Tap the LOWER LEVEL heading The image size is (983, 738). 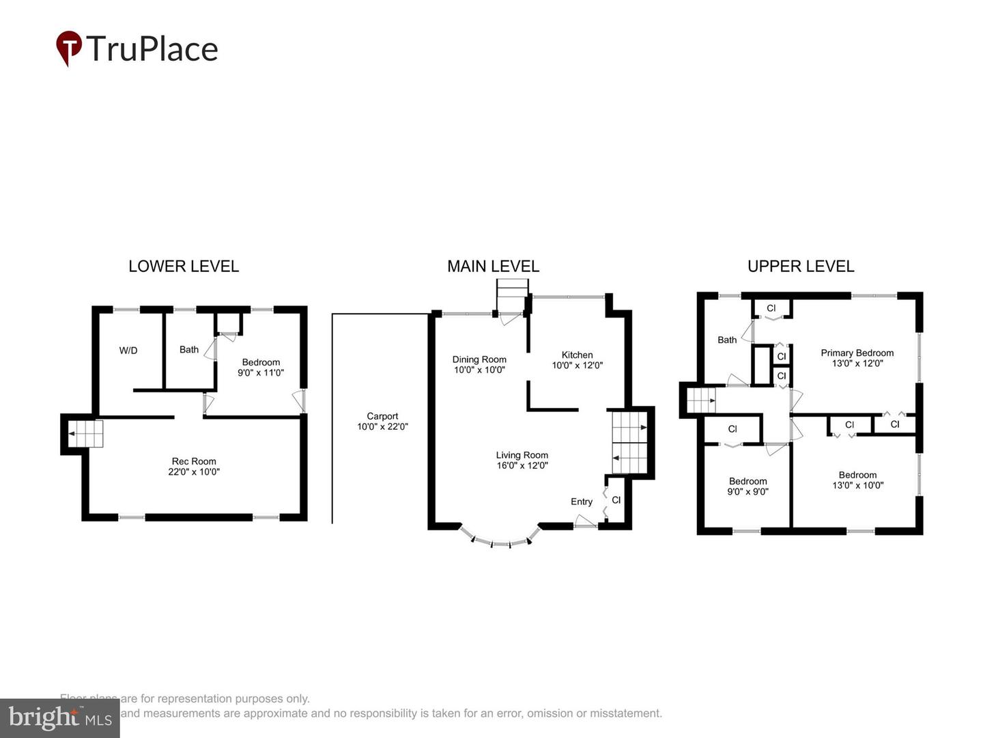pyautogui.click(x=184, y=266)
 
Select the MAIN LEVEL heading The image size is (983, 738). pyautogui.click(x=493, y=266)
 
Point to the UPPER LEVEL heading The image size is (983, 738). pyautogui.click(x=801, y=266)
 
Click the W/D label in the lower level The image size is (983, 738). pyautogui.click(x=128, y=351)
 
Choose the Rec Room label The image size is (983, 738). pyautogui.click(x=194, y=461)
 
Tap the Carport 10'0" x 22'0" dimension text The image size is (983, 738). pyautogui.click(x=382, y=426)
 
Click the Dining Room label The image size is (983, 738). pyautogui.click(x=479, y=359)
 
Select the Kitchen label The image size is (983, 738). pyautogui.click(x=577, y=355)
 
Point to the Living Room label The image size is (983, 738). pyautogui.click(x=522, y=455)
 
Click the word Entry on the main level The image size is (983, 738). pyautogui.click(x=582, y=502)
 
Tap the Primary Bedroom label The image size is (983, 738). pyautogui.click(x=857, y=353)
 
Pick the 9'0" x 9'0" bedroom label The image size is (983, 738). pyautogui.click(x=748, y=487)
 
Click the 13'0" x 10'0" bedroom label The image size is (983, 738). pyautogui.click(x=857, y=480)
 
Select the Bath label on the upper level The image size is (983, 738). pyautogui.click(x=727, y=340)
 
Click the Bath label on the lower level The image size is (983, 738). pyautogui.click(x=189, y=349)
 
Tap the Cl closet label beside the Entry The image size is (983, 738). pyautogui.click(x=616, y=500)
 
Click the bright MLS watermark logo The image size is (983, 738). pyautogui.click(x=60, y=717)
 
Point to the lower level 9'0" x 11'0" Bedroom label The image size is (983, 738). pyautogui.click(x=261, y=368)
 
